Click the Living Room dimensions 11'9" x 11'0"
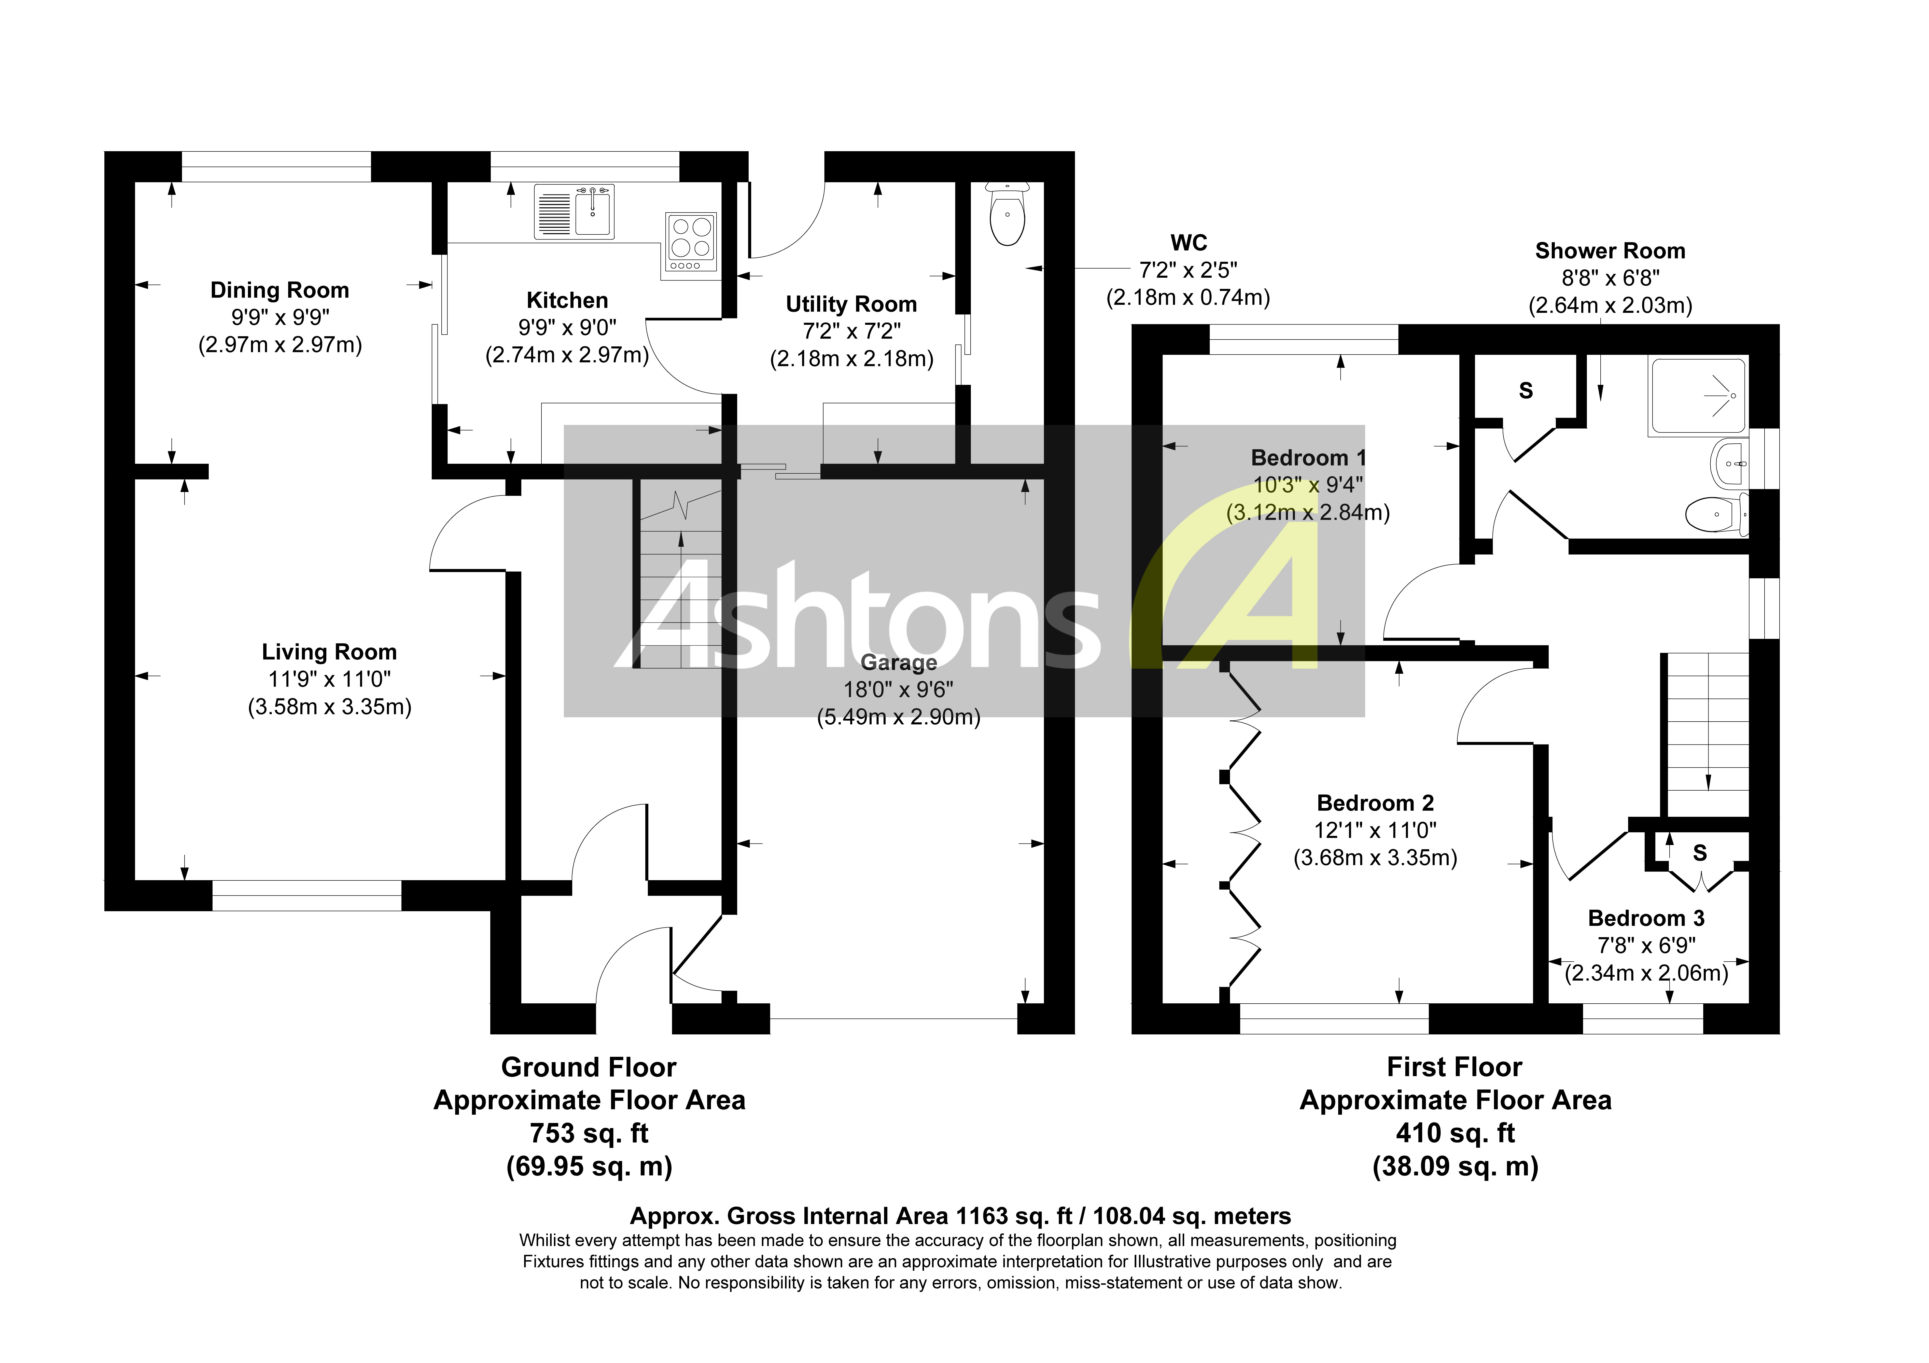tap(329, 679)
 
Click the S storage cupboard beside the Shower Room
tap(1526, 391)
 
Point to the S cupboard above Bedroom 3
tap(1700, 853)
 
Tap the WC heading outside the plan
tap(1188, 243)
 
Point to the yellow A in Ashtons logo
tap(1235, 588)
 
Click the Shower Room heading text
tap(1610, 250)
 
